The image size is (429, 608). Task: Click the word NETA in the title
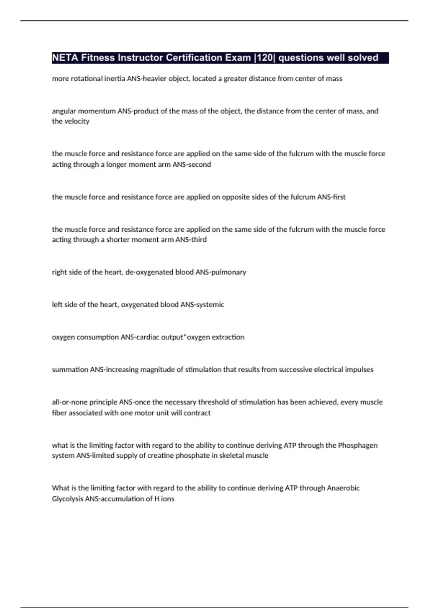(65, 58)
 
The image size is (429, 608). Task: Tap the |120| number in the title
(265, 58)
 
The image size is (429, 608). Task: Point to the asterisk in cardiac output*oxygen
(185, 336)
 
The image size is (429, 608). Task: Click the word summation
(70, 369)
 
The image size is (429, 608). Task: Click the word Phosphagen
(357, 445)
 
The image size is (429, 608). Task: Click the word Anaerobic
(343, 488)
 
